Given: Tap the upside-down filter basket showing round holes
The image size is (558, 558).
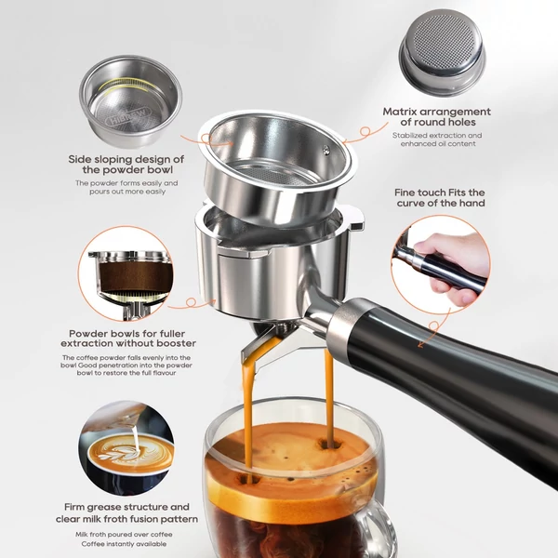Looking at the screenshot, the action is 442,52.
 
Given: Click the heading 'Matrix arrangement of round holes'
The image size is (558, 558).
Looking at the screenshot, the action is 437,117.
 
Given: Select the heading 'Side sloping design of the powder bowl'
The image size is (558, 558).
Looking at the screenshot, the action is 126,164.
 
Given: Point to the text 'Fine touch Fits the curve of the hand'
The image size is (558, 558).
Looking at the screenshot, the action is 440,197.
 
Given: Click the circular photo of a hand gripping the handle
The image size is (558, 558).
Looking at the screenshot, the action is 441,264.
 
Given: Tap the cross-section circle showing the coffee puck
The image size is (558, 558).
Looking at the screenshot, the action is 126,273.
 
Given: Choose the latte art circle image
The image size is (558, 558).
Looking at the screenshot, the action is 126,448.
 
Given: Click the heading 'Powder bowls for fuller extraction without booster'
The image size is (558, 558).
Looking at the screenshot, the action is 128,339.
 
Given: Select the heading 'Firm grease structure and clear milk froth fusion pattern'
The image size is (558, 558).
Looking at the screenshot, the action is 126,512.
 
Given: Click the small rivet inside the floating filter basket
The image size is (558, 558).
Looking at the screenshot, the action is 325,150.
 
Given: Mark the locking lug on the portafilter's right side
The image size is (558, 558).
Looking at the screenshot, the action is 356,219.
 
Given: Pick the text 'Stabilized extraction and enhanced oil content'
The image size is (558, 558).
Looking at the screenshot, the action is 437,139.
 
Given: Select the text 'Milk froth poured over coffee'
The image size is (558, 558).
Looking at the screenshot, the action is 124,535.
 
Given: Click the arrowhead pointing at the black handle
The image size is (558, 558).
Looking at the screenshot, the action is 421,344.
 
